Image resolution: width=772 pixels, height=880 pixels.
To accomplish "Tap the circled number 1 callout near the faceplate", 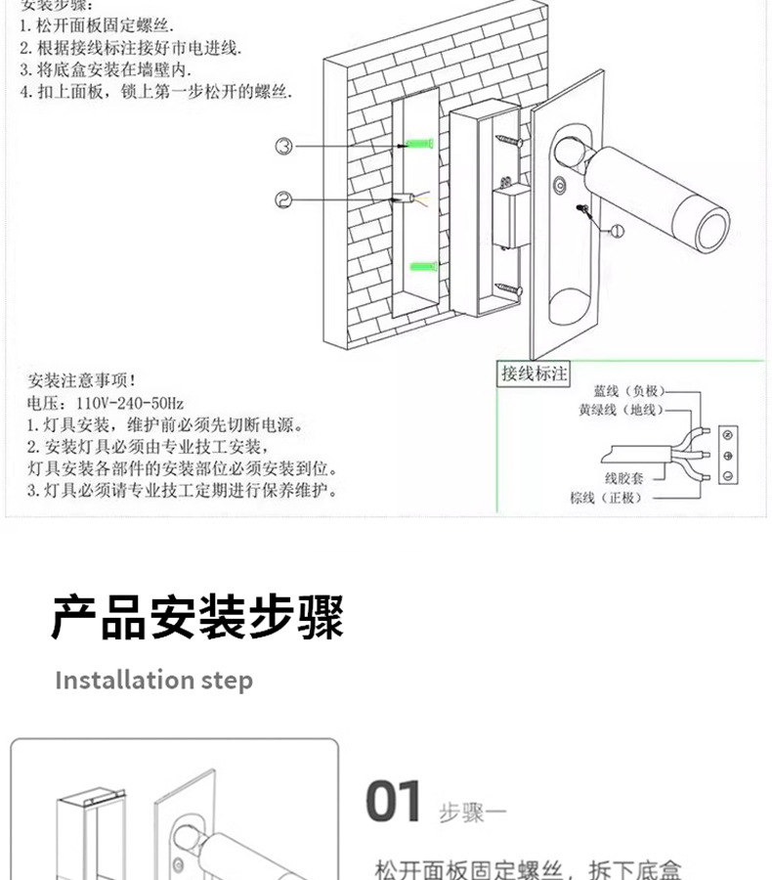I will point(616,231).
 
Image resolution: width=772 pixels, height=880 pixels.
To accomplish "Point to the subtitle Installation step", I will point(153,681).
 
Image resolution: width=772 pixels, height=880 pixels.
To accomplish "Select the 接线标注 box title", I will point(534,374).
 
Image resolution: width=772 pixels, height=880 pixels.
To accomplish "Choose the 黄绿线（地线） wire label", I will point(621,410).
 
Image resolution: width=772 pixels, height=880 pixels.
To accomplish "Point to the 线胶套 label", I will point(622,478).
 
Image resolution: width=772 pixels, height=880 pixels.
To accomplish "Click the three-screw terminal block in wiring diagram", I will point(727,455).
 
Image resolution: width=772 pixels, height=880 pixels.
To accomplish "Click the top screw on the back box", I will point(508,141).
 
